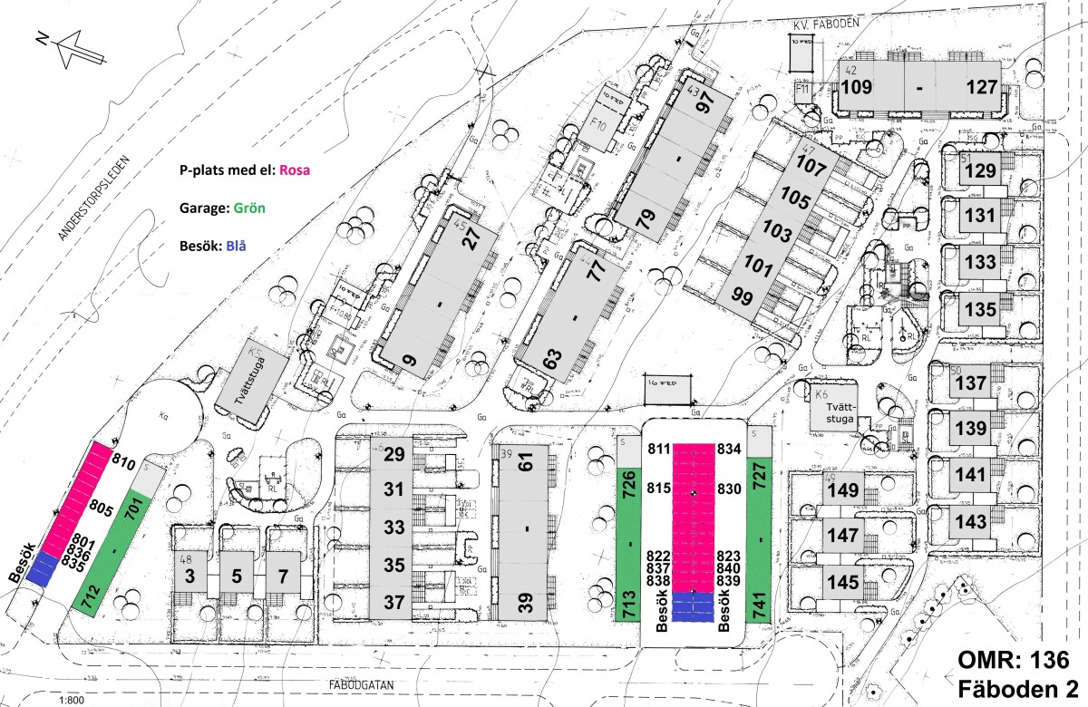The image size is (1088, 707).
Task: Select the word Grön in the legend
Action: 248,206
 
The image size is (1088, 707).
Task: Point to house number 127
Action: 981,88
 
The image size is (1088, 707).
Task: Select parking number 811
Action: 661,449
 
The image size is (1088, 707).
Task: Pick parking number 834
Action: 729,449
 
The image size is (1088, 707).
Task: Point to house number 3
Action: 191,575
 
